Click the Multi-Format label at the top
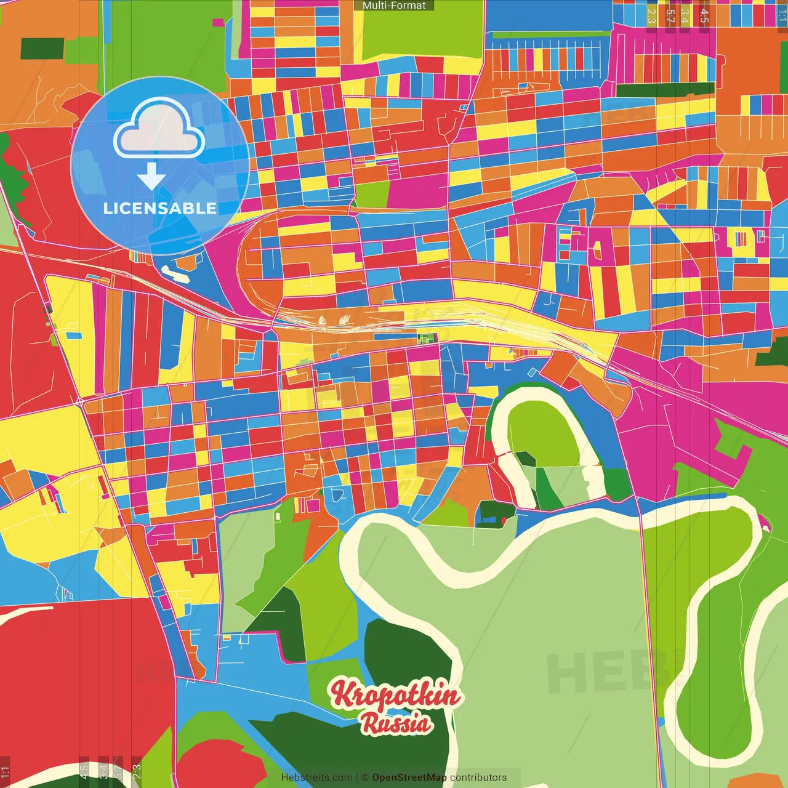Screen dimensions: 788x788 tap(394, 6)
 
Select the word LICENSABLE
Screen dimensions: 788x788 tap(160, 209)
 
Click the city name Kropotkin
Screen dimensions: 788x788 tap(395, 694)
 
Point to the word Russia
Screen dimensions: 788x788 tap(396, 723)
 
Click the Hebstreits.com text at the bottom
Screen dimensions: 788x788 tap(316, 778)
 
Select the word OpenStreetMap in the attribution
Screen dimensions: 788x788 tap(409, 778)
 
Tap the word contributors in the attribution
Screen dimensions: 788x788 tap(478, 778)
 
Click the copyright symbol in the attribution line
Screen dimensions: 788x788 tap(365, 778)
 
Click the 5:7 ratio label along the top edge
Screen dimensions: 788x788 tap(670, 15)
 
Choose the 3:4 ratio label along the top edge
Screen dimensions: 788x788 tap(685, 15)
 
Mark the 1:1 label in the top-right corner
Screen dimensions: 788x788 tap(782, 15)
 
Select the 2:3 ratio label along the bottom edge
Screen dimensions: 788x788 tap(137, 771)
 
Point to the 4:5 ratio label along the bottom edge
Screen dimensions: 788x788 tap(84, 771)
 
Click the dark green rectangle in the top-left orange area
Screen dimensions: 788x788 tap(42, 49)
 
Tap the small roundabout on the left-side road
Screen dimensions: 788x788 tap(80, 402)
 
